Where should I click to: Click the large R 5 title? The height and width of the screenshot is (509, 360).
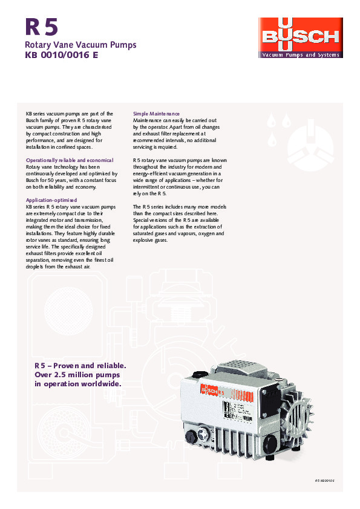point(42,28)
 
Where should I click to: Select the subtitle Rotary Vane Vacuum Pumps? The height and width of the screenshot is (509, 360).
point(80,45)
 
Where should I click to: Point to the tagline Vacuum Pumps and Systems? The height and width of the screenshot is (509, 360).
point(299,55)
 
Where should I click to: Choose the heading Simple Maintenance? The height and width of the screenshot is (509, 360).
point(156,114)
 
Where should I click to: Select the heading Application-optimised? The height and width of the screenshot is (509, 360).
point(51,199)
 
